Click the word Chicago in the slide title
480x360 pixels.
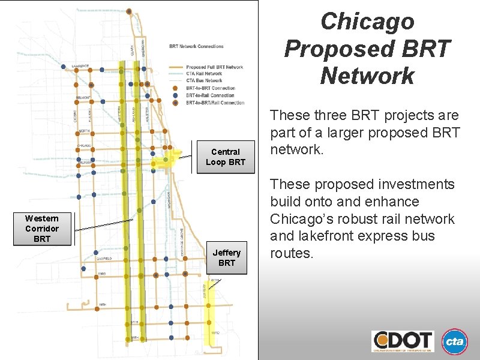(x=367, y=22)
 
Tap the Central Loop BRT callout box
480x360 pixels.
(x=225, y=157)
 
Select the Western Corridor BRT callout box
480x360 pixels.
(x=42, y=229)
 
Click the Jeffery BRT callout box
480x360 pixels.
(x=226, y=257)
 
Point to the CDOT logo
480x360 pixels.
(x=403, y=341)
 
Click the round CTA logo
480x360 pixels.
(x=454, y=341)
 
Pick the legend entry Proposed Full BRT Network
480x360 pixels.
(x=214, y=67)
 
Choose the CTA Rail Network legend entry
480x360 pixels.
(x=204, y=74)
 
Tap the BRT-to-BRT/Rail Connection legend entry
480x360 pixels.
(x=215, y=103)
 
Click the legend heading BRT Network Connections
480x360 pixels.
(x=196, y=46)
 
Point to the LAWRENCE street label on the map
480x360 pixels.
(x=80, y=65)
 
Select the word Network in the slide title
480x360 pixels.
(x=367, y=76)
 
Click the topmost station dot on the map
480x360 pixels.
(x=128, y=11)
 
